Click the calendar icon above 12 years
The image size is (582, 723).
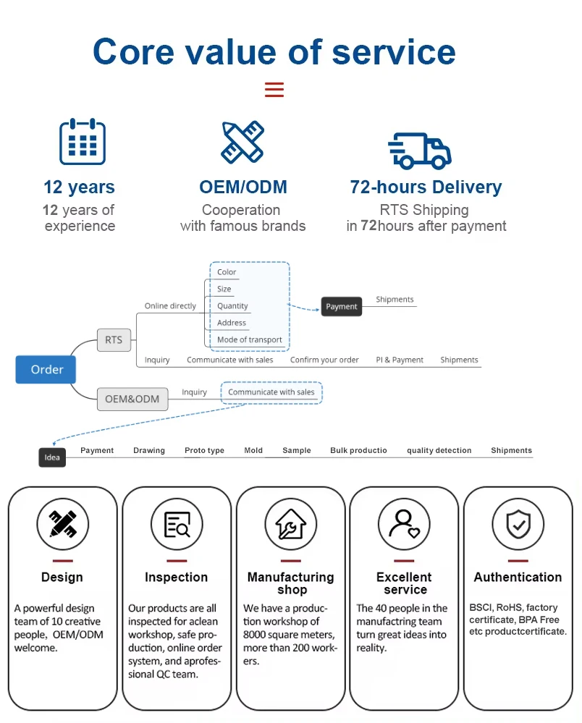82,142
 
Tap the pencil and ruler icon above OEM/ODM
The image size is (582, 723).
242,142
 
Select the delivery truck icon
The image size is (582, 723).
420,151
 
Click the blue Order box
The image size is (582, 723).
46,369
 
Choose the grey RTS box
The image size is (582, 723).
114,339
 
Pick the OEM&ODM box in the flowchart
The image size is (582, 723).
132,399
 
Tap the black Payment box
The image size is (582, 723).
342,306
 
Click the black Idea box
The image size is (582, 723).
52,457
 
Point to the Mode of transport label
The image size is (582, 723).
250,339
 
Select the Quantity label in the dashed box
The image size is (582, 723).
232,306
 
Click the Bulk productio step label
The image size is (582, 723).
358,450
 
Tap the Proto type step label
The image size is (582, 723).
204,450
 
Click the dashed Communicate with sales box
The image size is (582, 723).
271,392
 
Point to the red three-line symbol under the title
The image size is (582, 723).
274,90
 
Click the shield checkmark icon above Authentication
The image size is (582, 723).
518,524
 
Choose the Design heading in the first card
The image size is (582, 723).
62,578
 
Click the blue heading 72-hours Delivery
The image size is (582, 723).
426,187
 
